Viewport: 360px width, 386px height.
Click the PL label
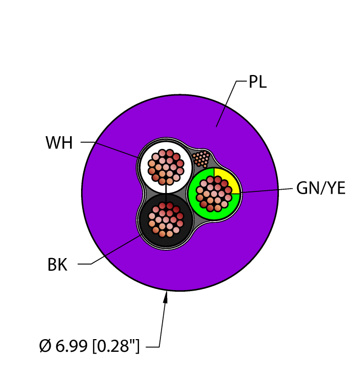click(x=257, y=82)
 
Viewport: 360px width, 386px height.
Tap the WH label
click(x=59, y=142)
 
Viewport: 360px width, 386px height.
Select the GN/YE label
click(x=321, y=189)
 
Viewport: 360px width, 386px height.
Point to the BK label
click(x=57, y=265)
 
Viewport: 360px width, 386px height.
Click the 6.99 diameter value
click(x=71, y=346)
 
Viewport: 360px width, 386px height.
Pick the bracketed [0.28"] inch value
click(x=116, y=346)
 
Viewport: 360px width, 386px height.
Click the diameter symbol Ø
click(x=45, y=346)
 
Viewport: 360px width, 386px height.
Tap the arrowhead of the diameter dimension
click(x=166, y=297)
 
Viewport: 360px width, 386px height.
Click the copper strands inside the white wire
click(x=165, y=167)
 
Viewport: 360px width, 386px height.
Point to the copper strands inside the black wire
click(x=166, y=219)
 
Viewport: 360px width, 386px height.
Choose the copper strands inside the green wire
click(x=214, y=194)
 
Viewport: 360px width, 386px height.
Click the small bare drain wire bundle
click(x=201, y=159)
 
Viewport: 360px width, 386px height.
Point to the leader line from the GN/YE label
click(x=267, y=191)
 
